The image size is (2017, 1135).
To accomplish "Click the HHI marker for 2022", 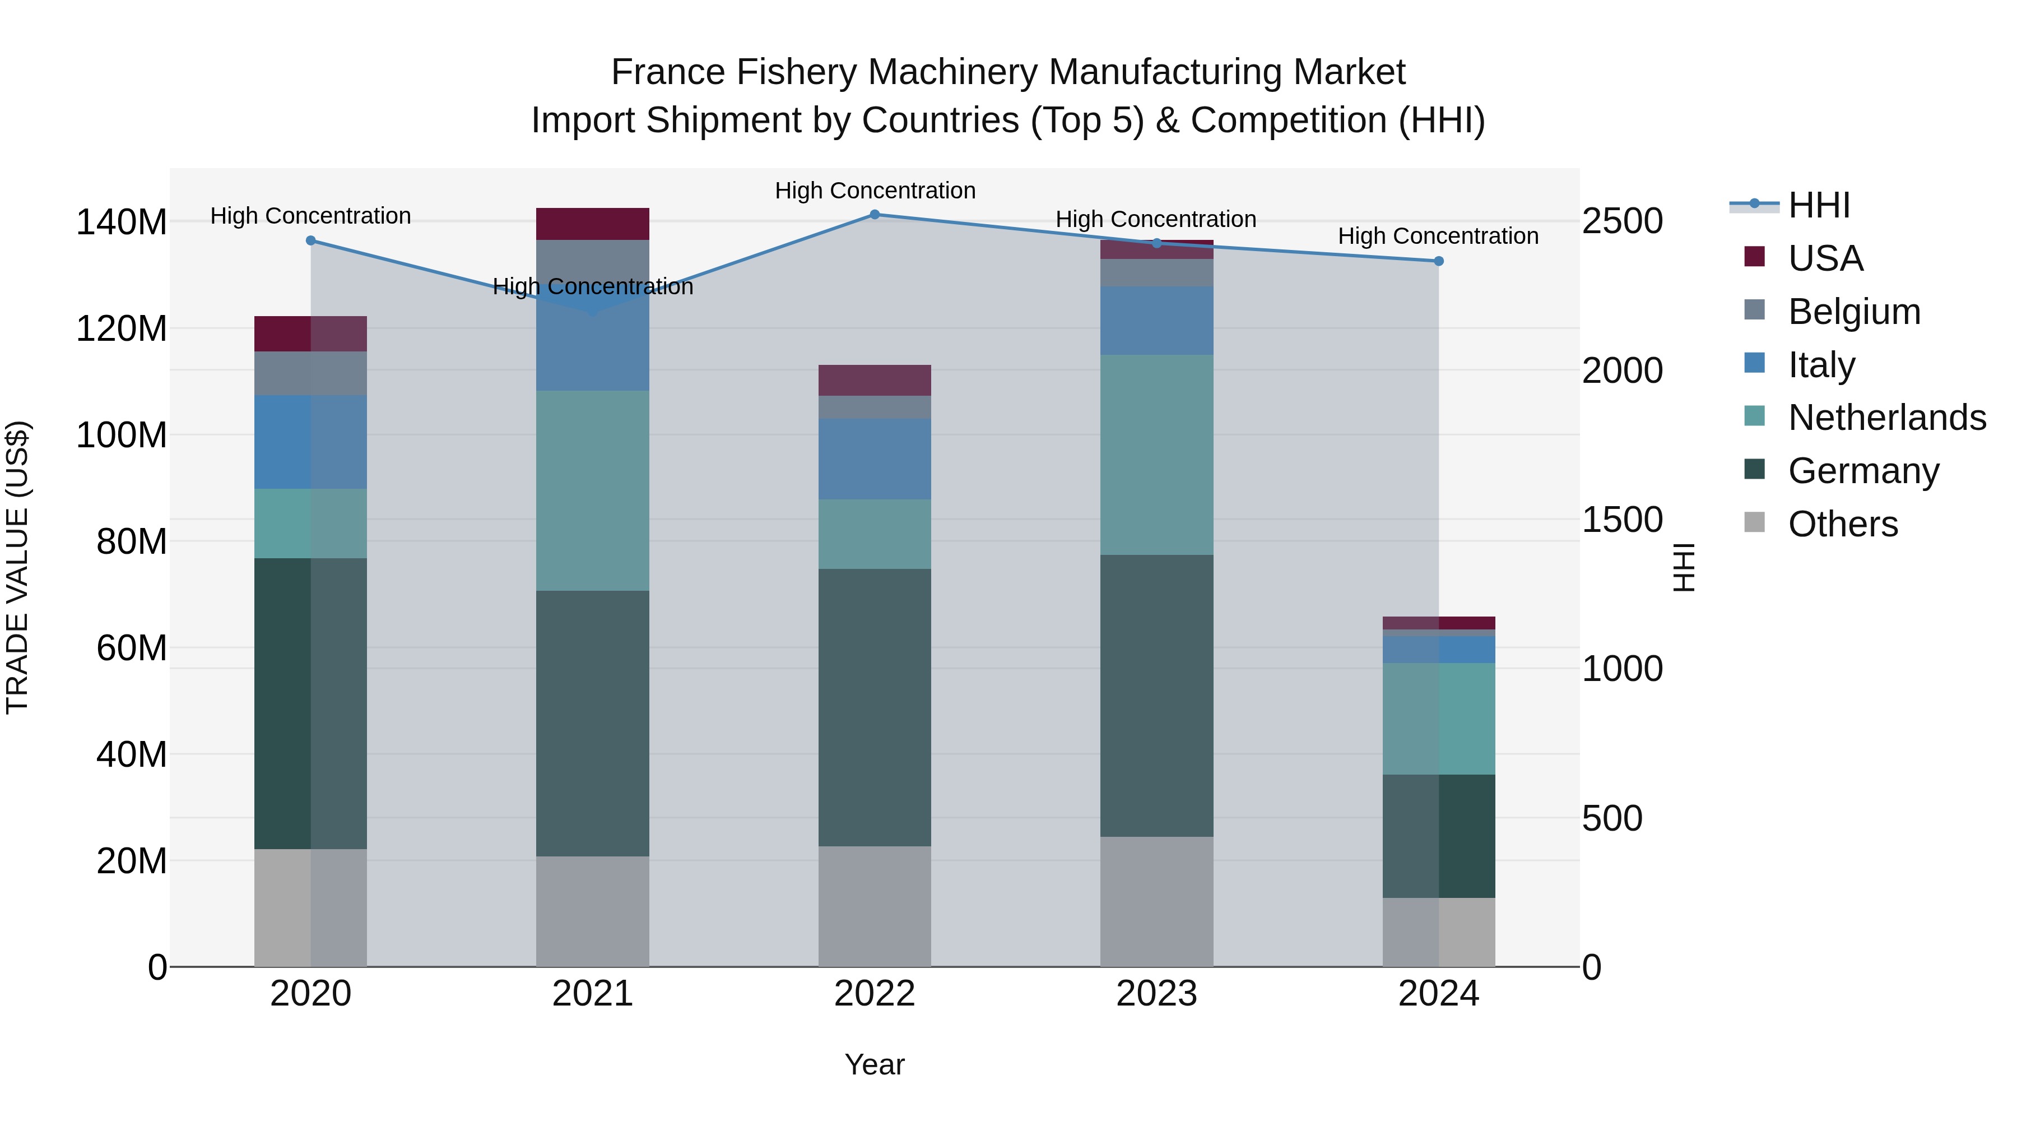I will pos(875,215).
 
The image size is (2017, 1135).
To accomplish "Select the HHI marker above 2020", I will pos(311,240).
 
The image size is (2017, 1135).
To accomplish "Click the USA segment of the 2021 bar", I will pos(593,224).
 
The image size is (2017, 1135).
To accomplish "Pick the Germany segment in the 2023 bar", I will pos(1156,696).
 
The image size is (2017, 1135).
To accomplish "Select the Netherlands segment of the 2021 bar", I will pos(593,490).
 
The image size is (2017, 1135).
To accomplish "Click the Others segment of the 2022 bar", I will pos(875,906).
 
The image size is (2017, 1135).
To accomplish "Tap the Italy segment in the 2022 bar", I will pos(875,459).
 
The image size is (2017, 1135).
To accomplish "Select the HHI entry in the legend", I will pos(1819,205).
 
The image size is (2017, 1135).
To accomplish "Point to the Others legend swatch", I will pos(1755,522).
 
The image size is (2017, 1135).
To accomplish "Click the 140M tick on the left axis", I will pos(122,223).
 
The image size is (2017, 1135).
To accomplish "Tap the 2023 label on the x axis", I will pos(1156,994).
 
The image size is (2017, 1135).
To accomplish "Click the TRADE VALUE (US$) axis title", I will pos(17,567).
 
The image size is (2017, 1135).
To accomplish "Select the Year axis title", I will pos(875,1064).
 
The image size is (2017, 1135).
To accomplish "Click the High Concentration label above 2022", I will pos(875,191).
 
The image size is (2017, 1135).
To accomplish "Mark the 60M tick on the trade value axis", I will pos(132,648).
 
